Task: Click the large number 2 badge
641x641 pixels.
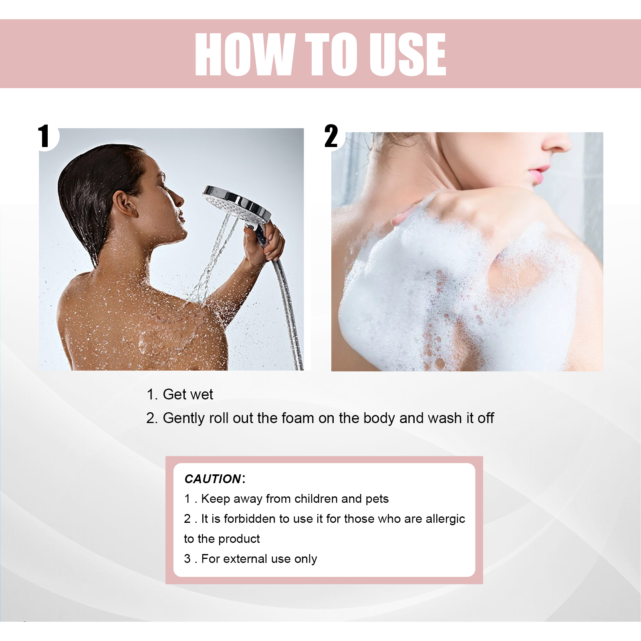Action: click(x=331, y=136)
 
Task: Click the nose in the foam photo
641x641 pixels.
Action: click(x=557, y=142)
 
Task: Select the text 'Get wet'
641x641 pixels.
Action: click(x=188, y=395)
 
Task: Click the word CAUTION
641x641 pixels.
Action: click(x=213, y=479)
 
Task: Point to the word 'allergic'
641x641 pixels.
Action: click(x=445, y=519)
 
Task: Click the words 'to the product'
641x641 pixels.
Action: click(x=222, y=539)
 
